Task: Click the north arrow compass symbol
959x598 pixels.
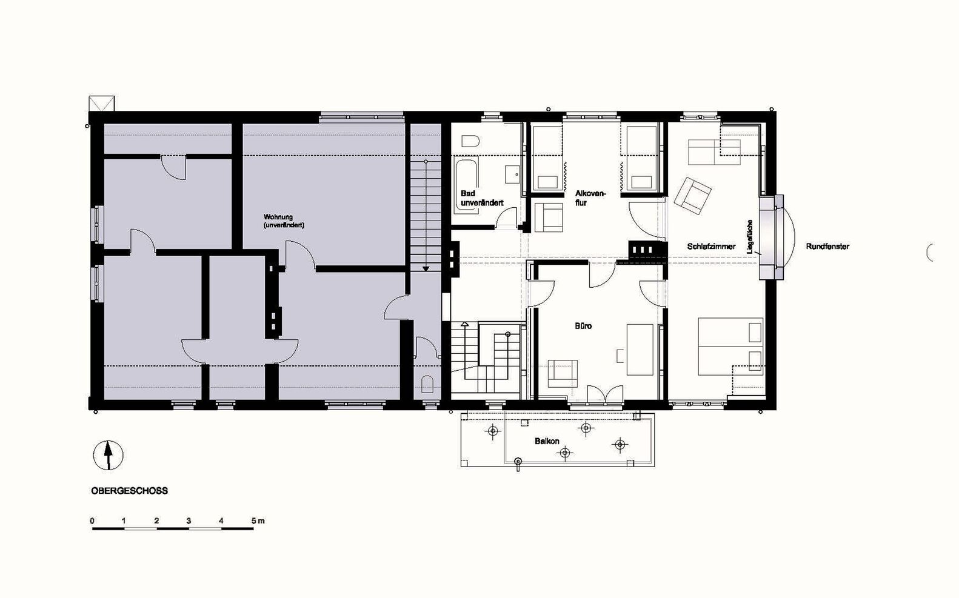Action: [108, 455]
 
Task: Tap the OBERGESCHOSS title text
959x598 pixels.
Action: [129, 491]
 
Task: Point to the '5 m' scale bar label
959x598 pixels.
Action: [258, 521]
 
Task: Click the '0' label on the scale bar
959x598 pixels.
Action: [93, 521]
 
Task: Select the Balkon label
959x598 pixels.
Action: [547, 441]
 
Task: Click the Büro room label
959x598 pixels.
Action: [583, 326]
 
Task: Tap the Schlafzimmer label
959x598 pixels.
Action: [711, 247]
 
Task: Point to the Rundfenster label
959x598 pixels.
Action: [827, 247]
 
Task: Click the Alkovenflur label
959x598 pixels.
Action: [590, 198]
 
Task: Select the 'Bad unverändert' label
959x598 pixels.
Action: [482, 198]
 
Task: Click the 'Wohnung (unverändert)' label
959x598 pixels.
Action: [284, 221]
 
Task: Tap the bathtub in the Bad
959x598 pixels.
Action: [466, 187]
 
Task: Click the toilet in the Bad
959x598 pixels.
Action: [471, 141]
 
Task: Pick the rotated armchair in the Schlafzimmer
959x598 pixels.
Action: [692, 196]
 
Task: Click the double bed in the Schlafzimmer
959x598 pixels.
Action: [730, 347]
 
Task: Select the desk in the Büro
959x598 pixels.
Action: [640, 350]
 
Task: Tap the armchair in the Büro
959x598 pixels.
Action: [563, 374]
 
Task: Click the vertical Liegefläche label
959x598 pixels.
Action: [749, 236]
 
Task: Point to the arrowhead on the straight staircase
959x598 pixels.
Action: [426, 268]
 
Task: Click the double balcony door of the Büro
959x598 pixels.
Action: [604, 394]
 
